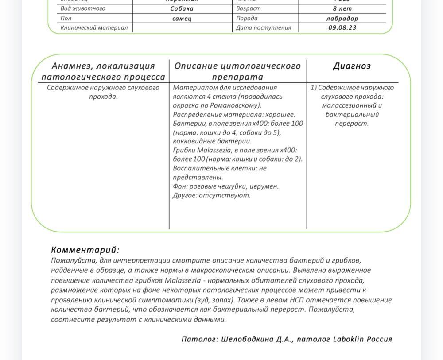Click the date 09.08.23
tap(342, 27)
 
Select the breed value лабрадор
tap(342, 19)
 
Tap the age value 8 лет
tap(342, 8)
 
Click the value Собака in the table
tap(182, 8)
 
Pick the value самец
tap(182, 19)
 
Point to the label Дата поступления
tap(264, 27)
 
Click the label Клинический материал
tap(94, 27)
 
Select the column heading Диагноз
tap(352, 66)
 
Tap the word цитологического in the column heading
tap(254, 66)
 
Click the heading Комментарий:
tap(85, 250)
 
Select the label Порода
tap(247, 19)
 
